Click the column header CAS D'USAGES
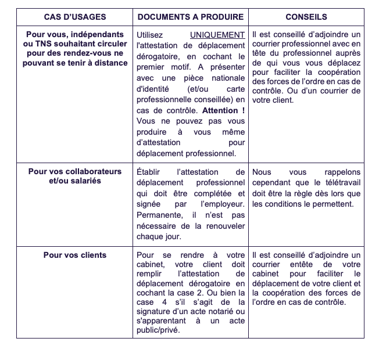click(x=74, y=17)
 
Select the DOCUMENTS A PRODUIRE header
click(x=191, y=17)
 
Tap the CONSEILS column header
click(x=306, y=17)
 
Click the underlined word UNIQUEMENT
click(x=217, y=35)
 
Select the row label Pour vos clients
click(x=75, y=255)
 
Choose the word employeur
click(x=222, y=204)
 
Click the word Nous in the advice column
click(x=262, y=172)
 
